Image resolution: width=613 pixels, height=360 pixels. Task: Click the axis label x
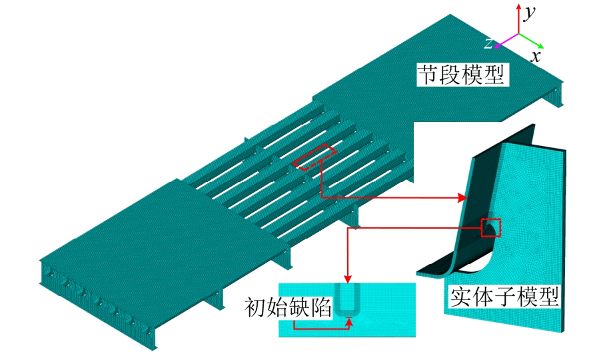[536, 57]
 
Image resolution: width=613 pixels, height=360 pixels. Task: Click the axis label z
[488, 43]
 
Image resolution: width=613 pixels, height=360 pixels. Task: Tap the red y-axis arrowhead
[518, 7]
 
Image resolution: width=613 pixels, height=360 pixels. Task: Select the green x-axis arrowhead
[540, 45]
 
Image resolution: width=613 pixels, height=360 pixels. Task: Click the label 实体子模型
[504, 298]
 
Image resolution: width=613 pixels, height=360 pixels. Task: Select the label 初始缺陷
[288, 307]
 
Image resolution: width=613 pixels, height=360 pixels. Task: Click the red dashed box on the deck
[315, 157]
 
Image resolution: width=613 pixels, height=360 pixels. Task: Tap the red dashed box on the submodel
[490, 228]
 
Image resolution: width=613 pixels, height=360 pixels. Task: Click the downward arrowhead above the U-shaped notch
[348, 278]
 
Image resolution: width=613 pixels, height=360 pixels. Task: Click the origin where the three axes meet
[518, 34]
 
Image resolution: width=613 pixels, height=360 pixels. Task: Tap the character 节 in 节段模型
[428, 75]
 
